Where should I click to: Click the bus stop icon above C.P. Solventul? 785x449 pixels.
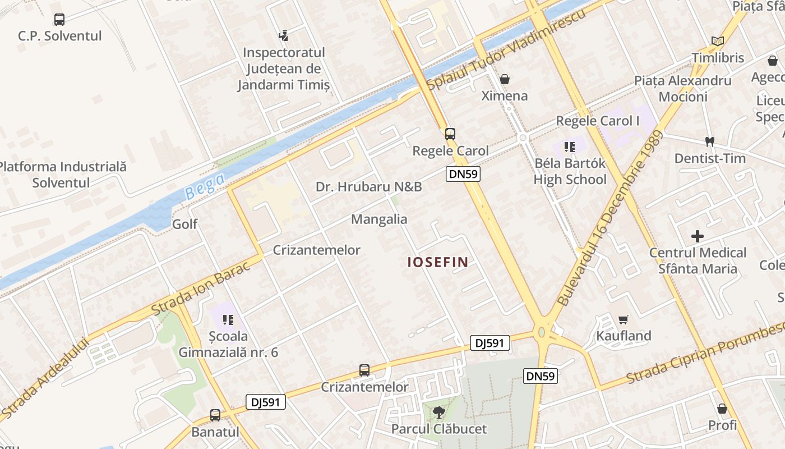coord(59,20)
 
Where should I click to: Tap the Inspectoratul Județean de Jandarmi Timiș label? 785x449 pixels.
coord(284,68)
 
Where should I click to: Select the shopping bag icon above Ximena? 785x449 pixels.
coord(505,79)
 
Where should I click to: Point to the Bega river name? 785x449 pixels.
coord(205,186)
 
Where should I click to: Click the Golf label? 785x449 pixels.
coord(184,224)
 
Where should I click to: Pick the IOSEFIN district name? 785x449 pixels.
coord(437,262)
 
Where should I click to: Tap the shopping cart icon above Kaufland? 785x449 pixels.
coord(623,320)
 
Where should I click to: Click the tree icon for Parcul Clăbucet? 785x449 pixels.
coord(439,413)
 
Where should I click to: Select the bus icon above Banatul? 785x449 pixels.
coord(215,415)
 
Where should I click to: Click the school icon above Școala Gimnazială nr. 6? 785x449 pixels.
coord(228,320)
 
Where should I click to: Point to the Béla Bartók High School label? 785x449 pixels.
coord(570,171)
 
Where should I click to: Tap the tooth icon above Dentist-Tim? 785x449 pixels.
coord(709,142)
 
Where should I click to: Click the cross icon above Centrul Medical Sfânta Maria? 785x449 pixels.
coord(698,236)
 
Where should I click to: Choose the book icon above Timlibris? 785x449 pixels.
coord(718,41)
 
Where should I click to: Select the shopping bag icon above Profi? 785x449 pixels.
coord(722,409)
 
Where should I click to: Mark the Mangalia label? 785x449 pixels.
coord(379,219)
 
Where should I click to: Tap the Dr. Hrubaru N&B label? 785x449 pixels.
coord(368,186)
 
